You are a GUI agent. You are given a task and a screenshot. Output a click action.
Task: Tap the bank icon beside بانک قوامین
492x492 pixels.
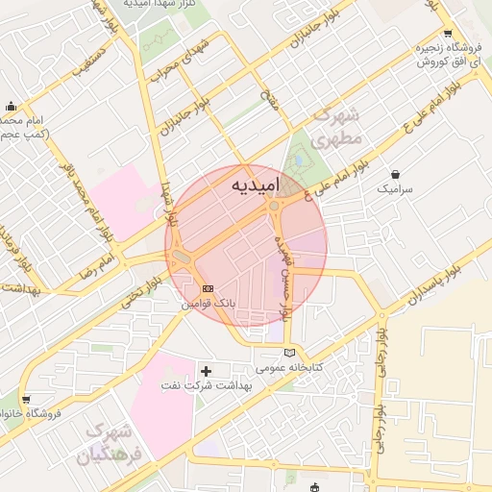[x=209, y=288]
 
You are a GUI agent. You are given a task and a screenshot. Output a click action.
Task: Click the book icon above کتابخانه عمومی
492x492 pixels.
[x=289, y=354]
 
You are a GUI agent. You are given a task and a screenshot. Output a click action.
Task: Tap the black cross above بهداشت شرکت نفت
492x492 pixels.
[x=206, y=371]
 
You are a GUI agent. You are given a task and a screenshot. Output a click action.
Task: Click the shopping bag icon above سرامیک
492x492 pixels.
[x=395, y=174]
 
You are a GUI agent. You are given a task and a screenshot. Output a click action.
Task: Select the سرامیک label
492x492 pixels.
[x=394, y=189]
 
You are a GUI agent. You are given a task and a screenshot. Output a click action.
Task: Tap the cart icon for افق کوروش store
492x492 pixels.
[x=448, y=32]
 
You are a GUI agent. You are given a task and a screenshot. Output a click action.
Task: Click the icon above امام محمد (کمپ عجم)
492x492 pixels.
[x=11, y=106]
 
